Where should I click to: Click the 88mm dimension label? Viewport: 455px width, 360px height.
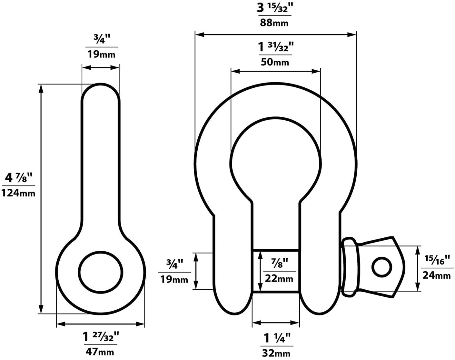[x=274, y=23]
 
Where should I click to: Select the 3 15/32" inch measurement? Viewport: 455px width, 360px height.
[x=274, y=8]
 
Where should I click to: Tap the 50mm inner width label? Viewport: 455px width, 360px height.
[x=275, y=62]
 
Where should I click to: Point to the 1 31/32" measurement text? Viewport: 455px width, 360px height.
[x=276, y=47]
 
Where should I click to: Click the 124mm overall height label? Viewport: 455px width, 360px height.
[x=18, y=193]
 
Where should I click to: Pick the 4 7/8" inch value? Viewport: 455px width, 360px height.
[x=19, y=178]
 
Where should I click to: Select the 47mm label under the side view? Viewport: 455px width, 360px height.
[x=100, y=351]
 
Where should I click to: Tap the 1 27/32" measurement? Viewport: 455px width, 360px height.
[x=101, y=337]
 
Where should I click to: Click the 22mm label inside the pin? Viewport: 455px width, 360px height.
[x=279, y=278]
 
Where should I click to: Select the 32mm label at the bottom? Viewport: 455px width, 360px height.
[x=276, y=353]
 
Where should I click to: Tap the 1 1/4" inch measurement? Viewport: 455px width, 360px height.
[x=277, y=338]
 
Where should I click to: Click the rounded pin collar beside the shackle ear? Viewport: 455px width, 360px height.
[x=350, y=267]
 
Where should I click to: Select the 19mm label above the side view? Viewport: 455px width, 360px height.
[x=101, y=54]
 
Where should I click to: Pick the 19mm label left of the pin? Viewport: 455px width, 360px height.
[x=174, y=279]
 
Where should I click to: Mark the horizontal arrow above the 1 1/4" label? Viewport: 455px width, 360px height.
[x=276, y=323]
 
